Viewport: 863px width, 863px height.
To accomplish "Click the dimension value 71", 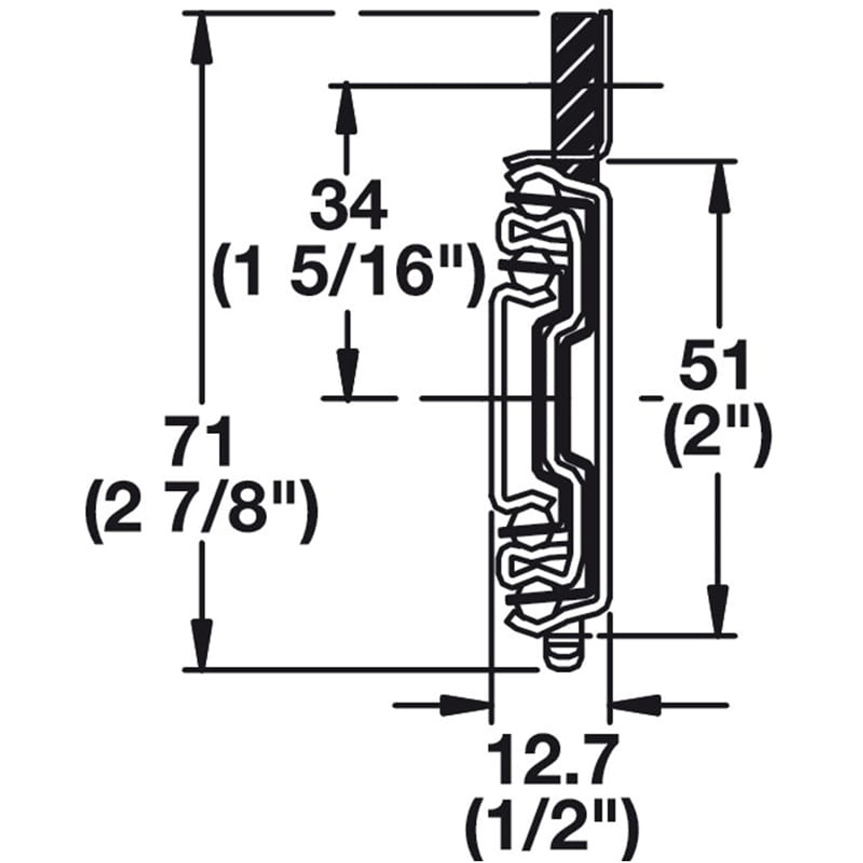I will tap(200, 440).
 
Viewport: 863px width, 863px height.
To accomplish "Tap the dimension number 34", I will tap(348, 204).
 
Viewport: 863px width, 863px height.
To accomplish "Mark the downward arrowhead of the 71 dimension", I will tap(201, 644).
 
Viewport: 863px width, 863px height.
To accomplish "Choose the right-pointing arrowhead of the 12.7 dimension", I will tap(465, 705).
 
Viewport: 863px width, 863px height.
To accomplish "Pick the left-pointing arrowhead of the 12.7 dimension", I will tap(634, 705).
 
